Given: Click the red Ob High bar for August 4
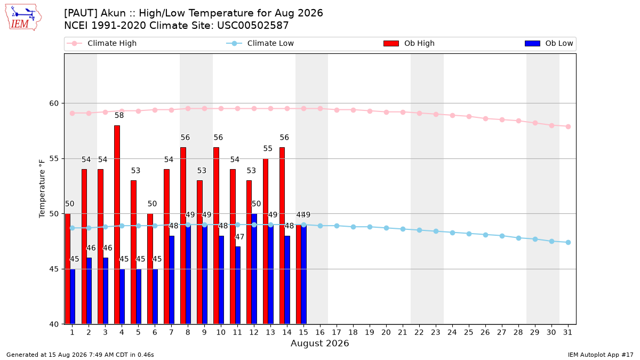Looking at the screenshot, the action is tap(117, 225).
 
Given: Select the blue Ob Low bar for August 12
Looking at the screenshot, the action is tap(254, 269).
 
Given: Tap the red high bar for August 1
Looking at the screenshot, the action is tap(67, 269).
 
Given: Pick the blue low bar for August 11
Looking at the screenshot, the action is tap(238, 285).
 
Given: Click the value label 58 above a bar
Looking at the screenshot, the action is tap(119, 115).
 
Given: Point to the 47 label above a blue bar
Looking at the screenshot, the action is tap(239, 237).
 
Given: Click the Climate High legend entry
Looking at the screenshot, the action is tap(101, 43).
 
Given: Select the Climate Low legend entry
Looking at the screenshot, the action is tap(260, 43).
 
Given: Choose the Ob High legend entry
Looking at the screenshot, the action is tap(409, 43).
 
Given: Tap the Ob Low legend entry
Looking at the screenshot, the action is tap(549, 43).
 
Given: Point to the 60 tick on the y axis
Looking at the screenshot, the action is tap(54, 103).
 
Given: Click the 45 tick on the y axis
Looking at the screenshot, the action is tap(54, 269).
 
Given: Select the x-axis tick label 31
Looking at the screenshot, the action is tap(567, 332).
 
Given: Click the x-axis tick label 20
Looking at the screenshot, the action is tap(386, 332).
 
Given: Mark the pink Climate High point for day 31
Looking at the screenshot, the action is tap(568, 126).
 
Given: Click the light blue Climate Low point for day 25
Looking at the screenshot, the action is tap(469, 234).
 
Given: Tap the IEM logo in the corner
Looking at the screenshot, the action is tap(23, 17).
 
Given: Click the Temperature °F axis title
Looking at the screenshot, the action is tap(42, 189).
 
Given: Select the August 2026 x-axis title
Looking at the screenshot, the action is tap(319, 343).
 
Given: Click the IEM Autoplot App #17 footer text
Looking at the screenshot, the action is tap(601, 355).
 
